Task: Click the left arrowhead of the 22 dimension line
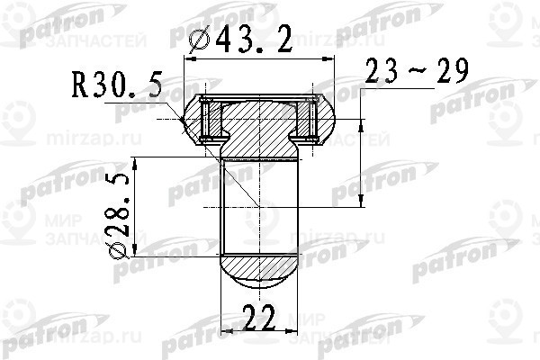[x=225, y=333]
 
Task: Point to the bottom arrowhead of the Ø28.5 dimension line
[x=135, y=247]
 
